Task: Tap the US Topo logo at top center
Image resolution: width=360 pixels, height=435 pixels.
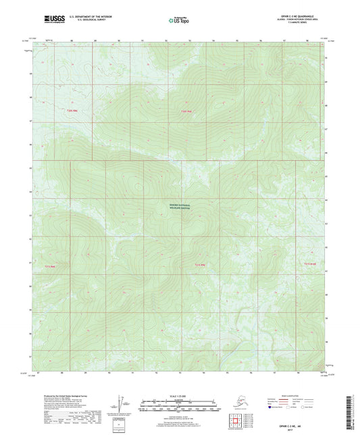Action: tap(179, 20)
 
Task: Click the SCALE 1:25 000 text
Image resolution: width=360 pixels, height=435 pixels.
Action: tap(180, 394)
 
